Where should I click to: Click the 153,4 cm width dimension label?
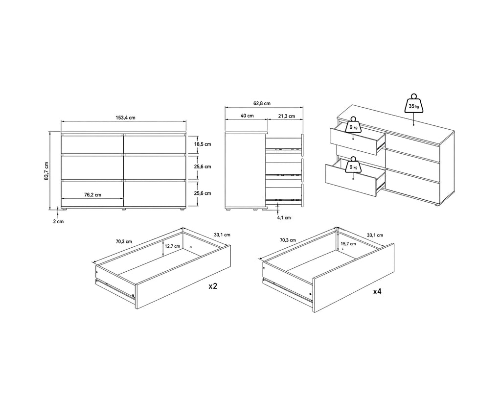tap(125, 118)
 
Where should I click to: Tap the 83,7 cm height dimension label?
tap(46, 171)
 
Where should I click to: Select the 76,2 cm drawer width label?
tap(92, 194)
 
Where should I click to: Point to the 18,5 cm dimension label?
tap(203, 144)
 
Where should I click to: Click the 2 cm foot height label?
tap(58, 221)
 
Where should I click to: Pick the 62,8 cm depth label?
tap(262, 103)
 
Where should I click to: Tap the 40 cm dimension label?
tap(247, 116)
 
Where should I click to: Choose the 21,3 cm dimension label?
tap(286, 116)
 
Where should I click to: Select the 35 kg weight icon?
tap(414, 104)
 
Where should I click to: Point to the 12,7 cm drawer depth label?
tap(173, 246)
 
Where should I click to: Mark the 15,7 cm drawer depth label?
tap(348, 244)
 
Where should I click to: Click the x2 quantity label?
tap(213, 286)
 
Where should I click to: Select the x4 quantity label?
tap(377, 291)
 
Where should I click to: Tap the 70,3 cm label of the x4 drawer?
tap(288, 240)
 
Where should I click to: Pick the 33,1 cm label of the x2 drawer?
tap(222, 235)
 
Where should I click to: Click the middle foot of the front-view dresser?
tap(124, 210)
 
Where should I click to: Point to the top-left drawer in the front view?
tap(92, 144)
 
